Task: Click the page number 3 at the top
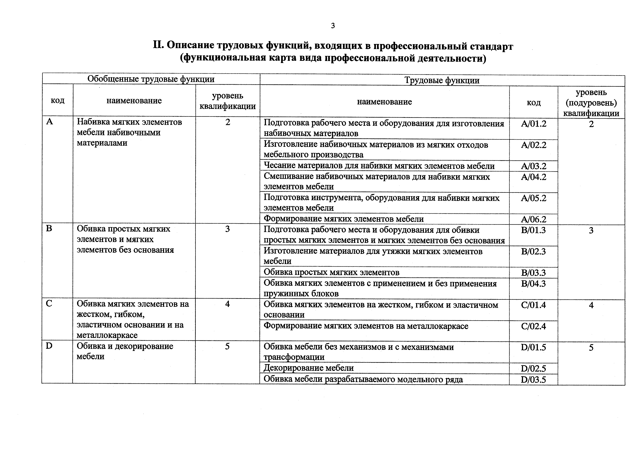coord(333,26)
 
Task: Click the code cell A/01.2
coord(534,124)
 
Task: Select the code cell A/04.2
coord(534,177)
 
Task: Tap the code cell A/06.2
coord(534,219)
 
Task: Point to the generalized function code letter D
coord(49,346)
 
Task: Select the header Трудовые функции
coord(442,81)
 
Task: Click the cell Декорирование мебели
coord(308,368)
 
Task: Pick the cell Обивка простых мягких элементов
coord(331,273)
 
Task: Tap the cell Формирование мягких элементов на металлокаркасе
coord(366,326)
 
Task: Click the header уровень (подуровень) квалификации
coord(591,103)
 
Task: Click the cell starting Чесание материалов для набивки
coord(379,166)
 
